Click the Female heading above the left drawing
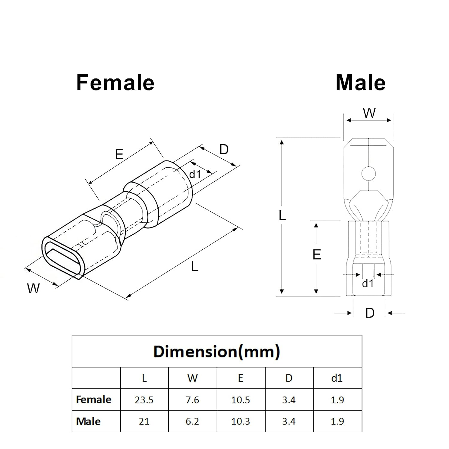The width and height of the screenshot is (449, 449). click(x=115, y=83)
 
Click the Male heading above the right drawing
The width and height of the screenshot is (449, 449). click(x=361, y=83)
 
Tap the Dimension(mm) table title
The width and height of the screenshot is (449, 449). click(x=217, y=351)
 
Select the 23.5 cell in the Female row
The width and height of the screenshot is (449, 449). click(x=144, y=400)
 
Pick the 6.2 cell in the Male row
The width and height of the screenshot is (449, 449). click(x=192, y=421)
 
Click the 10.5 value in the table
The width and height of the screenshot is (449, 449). click(x=241, y=400)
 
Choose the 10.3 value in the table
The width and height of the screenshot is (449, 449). click(x=241, y=421)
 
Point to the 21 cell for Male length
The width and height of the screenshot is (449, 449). click(x=144, y=421)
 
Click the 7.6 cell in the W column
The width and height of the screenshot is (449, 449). click(x=192, y=400)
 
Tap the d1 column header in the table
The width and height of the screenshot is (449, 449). click(x=337, y=378)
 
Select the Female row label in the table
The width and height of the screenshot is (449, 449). click(x=94, y=400)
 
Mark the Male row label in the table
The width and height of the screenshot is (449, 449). click(x=88, y=421)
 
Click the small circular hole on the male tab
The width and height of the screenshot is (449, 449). click(x=368, y=173)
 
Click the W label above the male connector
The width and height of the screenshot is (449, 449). click(x=369, y=113)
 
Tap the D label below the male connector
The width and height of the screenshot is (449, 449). click(x=370, y=313)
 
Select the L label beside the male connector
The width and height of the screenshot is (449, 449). click(x=282, y=216)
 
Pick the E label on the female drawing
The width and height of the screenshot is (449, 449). click(x=119, y=154)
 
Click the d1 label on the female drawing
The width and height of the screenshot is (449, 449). click(x=195, y=174)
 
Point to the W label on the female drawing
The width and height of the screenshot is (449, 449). click(x=33, y=289)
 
